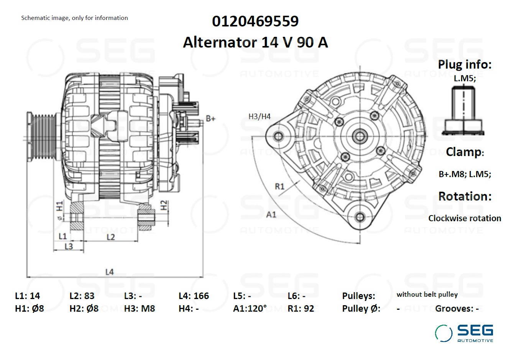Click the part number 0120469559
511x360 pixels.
coord(255,21)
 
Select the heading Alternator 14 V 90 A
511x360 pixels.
coord(255,42)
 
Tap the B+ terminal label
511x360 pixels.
coord(210,118)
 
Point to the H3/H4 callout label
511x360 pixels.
coord(260,117)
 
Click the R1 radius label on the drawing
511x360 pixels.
coord(279,186)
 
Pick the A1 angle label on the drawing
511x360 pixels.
coord(271,214)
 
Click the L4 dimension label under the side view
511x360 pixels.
coord(109,272)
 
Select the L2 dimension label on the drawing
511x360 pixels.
coord(110,237)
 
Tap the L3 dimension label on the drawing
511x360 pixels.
coord(69,246)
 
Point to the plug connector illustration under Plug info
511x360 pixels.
coord(463,110)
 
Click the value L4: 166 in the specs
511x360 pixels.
coord(194,296)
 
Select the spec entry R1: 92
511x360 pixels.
coord(301,309)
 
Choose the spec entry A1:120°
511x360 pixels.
coord(250,309)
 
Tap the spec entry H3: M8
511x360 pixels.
coord(140,309)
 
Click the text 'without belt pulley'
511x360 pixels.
coord(427,294)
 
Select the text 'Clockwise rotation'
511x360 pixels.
coord(465,218)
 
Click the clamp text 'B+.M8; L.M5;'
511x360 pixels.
coord(465,174)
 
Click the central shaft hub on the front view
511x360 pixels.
coord(360,135)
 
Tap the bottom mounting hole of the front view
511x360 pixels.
coord(360,217)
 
